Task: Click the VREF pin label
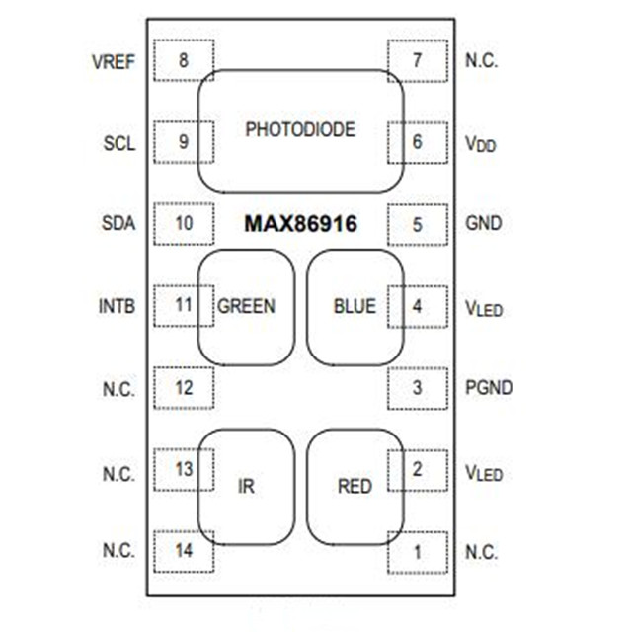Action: pyautogui.click(x=113, y=61)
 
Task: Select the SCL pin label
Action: pyautogui.click(x=118, y=142)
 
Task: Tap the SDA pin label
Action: pyautogui.click(x=118, y=223)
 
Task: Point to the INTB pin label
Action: pyautogui.click(x=117, y=305)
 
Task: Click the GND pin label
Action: pyautogui.click(x=483, y=223)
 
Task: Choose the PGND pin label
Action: pyautogui.click(x=488, y=387)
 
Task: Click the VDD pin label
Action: pyautogui.click(x=481, y=143)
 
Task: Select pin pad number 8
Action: pyautogui.click(x=184, y=60)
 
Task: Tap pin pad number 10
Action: pyautogui.click(x=184, y=223)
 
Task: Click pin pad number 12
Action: pyautogui.click(x=184, y=387)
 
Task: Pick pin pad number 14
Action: pyautogui.click(x=184, y=551)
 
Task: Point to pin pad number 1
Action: pyautogui.click(x=417, y=552)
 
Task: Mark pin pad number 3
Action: pyautogui.click(x=417, y=387)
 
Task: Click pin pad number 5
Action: pyautogui.click(x=417, y=224)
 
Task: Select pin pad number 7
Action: pyautogui.click(x=417, y=60)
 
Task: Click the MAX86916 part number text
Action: pyautogui.click(x=301, y=224)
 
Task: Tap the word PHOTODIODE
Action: pyautogui.click(x=300, y=129)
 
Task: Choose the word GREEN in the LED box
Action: pyautogui.click(x=246, y=306)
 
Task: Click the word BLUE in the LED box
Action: pyautogui.click(x=355, y=306)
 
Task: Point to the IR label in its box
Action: pyautogui.click(x=247, y=486)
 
